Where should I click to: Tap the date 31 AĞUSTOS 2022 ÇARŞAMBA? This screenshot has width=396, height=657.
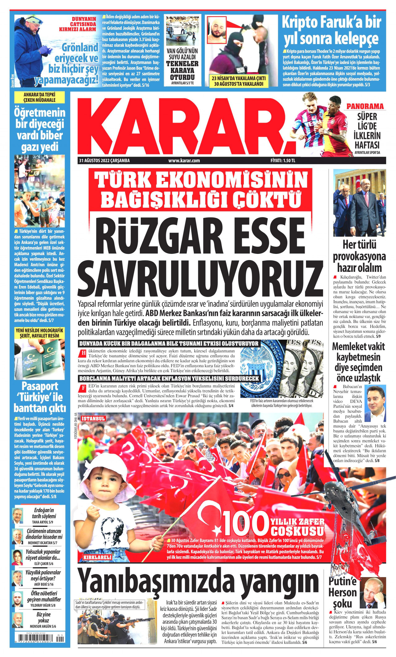(x=105, y=161)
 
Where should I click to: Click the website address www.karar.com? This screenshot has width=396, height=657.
(x=184, y=161)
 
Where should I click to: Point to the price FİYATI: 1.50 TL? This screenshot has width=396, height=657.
(x=283, y=161)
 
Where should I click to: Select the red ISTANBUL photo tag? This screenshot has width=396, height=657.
(x=93, y=419)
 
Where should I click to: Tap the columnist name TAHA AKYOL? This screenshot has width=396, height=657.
(x=40, y=522)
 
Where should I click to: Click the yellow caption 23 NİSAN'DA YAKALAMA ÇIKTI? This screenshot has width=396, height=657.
(x=239, y=78)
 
